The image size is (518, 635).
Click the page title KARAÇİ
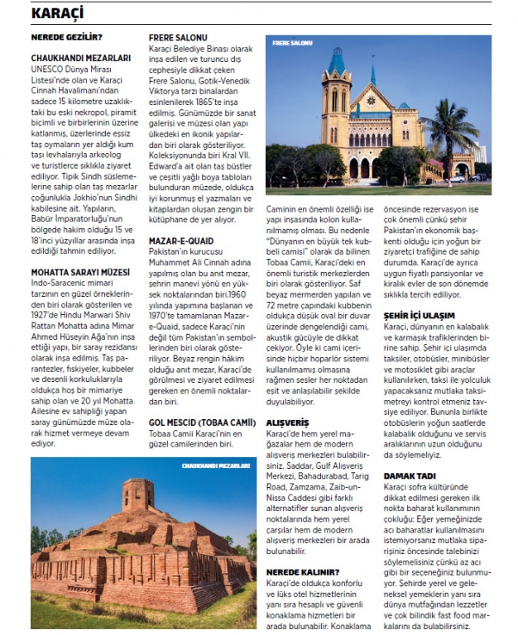[60, 13]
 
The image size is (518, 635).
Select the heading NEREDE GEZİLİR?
[66, 37]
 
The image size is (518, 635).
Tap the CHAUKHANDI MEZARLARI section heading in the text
[81, 59]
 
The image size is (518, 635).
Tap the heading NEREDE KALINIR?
[303, 571]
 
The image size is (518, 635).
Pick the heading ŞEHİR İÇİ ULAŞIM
[419, 315]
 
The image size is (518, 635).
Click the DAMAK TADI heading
[408, 475]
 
